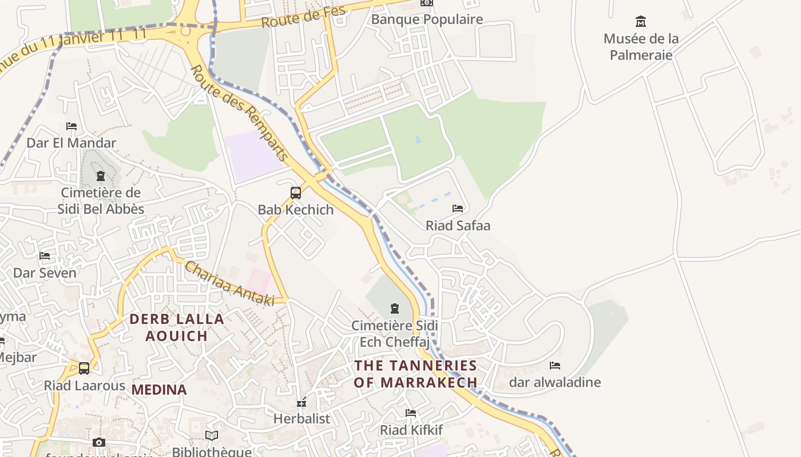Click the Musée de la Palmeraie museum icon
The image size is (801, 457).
pyautogui.click(x=641, y=22)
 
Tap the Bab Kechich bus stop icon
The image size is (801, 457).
pyautogui.click(x=295, y=193)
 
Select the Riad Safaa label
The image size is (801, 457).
pyautogui.click(x=458, y=226)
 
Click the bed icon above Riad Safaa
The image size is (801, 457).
pyautogui.click(x=458, y=209)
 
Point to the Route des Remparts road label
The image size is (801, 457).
pyautogui.click(x=239, y=113)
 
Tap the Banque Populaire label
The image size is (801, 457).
pyautogui.click(x=427, y=19)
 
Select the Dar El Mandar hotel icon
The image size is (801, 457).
pyautogui.click(x=72, y=126)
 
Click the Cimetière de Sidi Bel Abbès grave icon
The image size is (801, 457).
pyautogui.click(x=101, y=176)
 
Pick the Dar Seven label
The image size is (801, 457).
pyautogui.click(x=45, y=273)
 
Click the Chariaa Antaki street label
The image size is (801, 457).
pyautogui.click(x=229, y=283)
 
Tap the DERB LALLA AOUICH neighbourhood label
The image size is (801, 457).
pyautogui.click(x=176, y=327)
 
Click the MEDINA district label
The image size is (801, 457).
pyautogui.click(x=159, y=390)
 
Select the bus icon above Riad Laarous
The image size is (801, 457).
pyautogui.click(x=84, y=368)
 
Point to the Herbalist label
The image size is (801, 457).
pyautogui.click(x=302, y=419)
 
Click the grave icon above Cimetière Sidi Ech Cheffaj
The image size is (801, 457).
pyautogui.click(x=394, y=309)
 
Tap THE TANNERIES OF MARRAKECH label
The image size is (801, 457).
pyautogui.click(x=415, y=374)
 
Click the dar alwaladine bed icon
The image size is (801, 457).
pyautogui.click(x=554, y=366)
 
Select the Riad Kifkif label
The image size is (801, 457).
pyautogui.click(x=411, y=430)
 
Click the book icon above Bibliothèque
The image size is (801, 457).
pyautogui.click(x=212, y=436)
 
